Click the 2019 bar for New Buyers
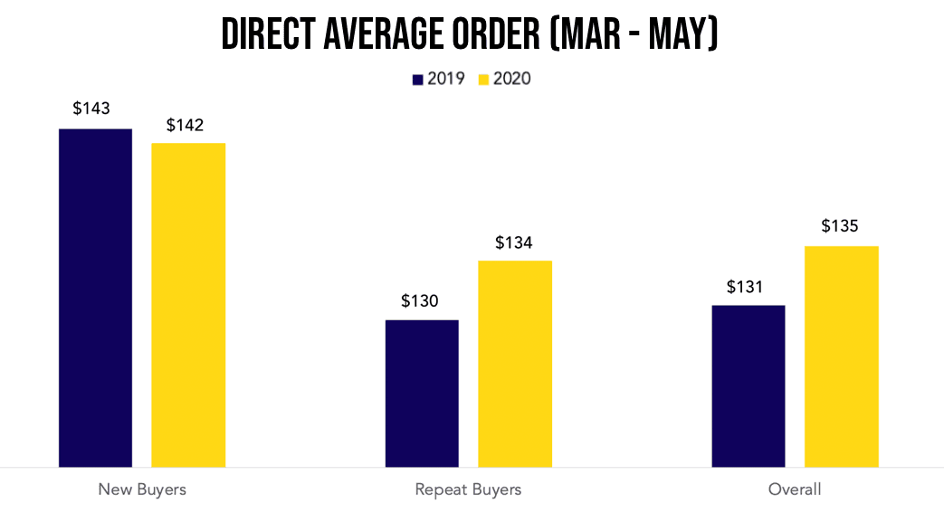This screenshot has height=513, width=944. [95, 298]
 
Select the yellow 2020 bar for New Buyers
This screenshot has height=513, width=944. [188, 305]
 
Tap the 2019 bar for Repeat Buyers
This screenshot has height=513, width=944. [422, 393]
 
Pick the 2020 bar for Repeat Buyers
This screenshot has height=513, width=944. [514, 364]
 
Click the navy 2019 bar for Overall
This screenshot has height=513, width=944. [749, 385]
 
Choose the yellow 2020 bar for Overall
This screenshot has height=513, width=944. [842, 356]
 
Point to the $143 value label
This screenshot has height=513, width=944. [91, 109]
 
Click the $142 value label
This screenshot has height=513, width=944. [185, 125]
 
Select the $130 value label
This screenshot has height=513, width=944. [420, 301]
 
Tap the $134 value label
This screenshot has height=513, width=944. [514, 242]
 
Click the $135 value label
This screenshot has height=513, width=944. [840, 226]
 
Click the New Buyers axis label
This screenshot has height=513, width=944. [142, 489]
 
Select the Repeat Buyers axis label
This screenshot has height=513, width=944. [468, 489]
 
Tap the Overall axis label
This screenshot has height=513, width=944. [795, 489]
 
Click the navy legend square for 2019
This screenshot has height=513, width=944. [418, 80]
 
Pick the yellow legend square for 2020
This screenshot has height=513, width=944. [483, 80]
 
